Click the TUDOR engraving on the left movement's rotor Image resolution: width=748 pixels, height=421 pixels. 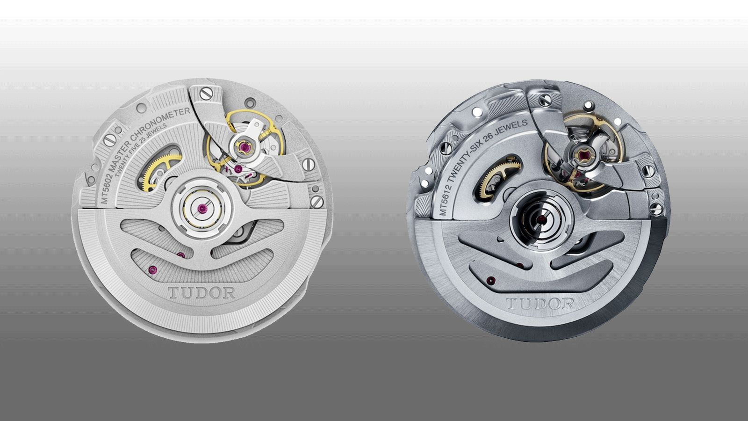(x=201, y=293)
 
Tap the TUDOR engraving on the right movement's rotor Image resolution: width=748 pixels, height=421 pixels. (x=540, y=304)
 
